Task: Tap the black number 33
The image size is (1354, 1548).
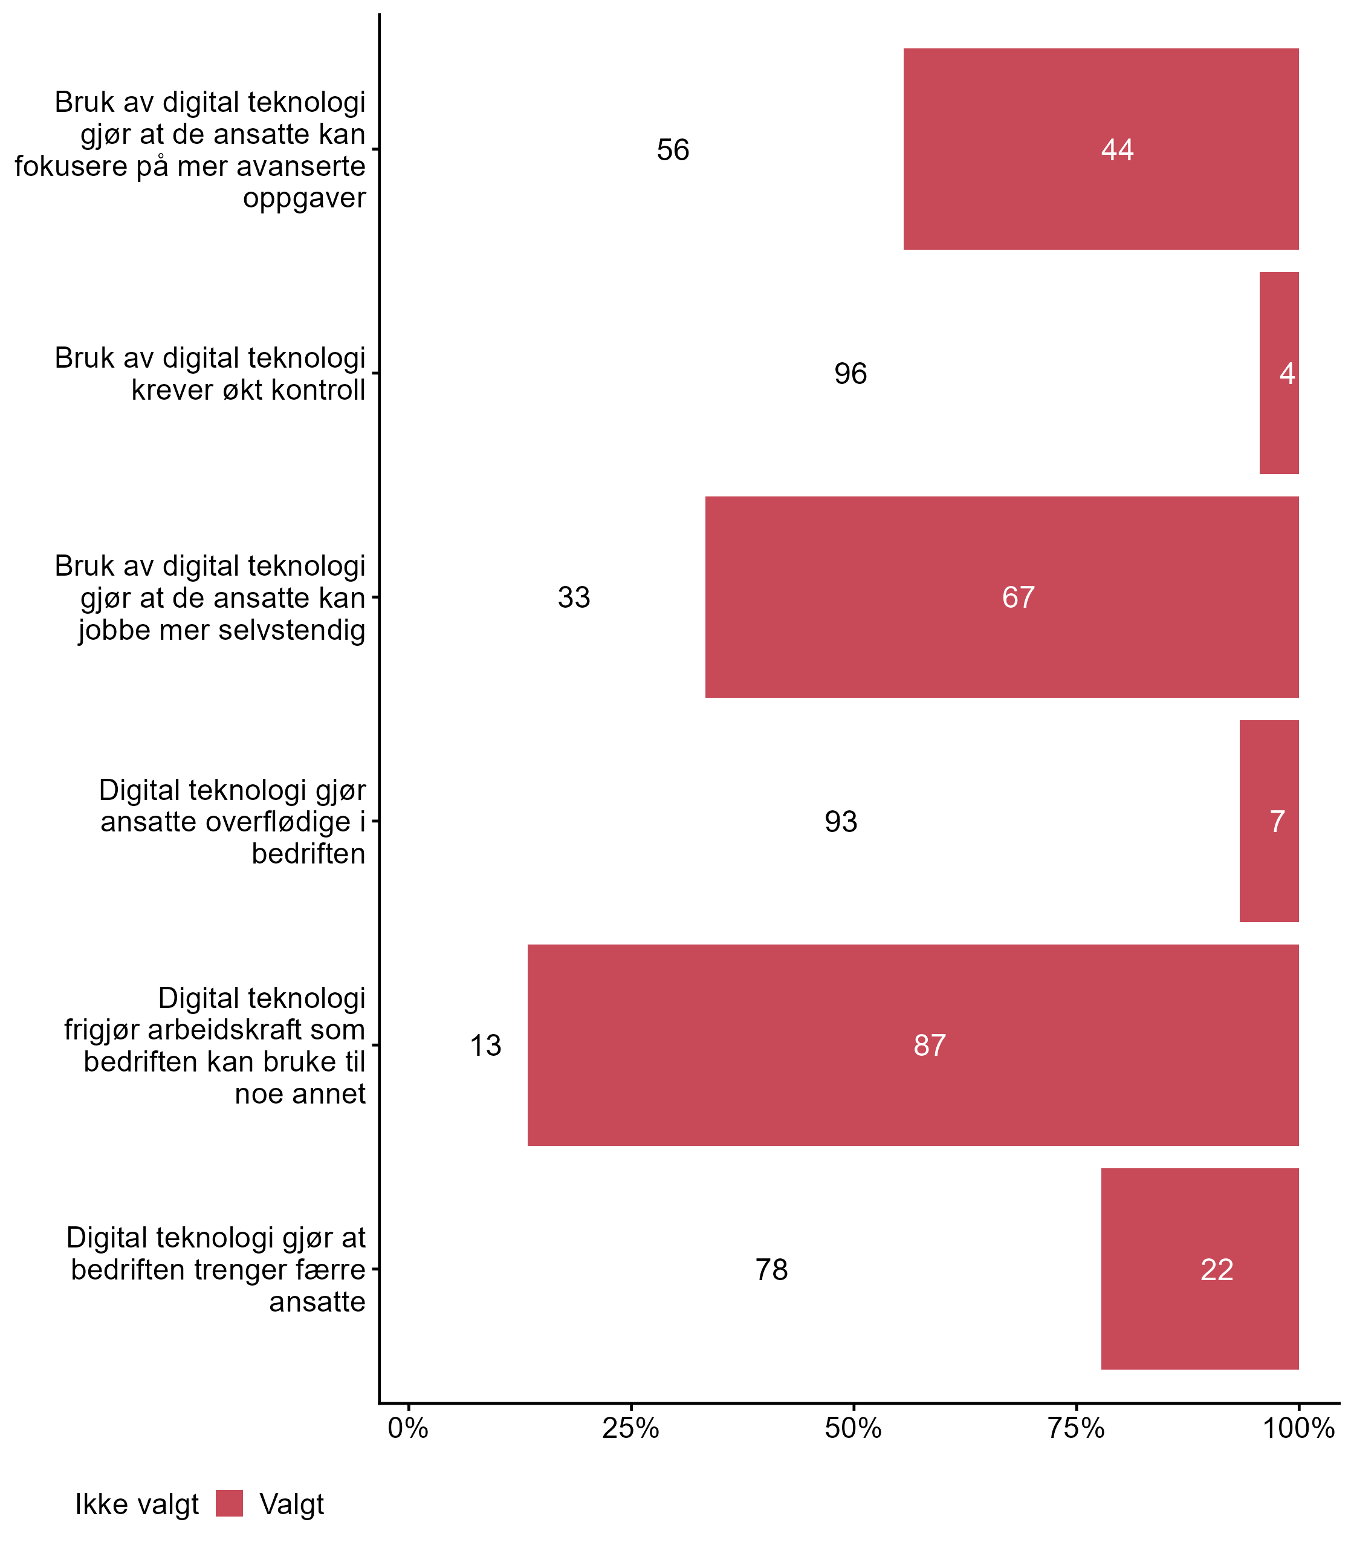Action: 574,597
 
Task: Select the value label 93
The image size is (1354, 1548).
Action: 840,822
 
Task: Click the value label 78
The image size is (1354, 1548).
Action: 771,1270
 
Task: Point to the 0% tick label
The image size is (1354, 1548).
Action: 408,1428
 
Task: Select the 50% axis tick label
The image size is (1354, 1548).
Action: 853,1428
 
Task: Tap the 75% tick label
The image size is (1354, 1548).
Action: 1076,1428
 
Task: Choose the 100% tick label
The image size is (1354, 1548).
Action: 1298,1428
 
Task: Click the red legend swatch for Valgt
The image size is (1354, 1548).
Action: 229,1503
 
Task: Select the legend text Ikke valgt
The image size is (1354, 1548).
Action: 137,1504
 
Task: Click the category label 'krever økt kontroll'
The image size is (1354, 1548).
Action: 248,390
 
